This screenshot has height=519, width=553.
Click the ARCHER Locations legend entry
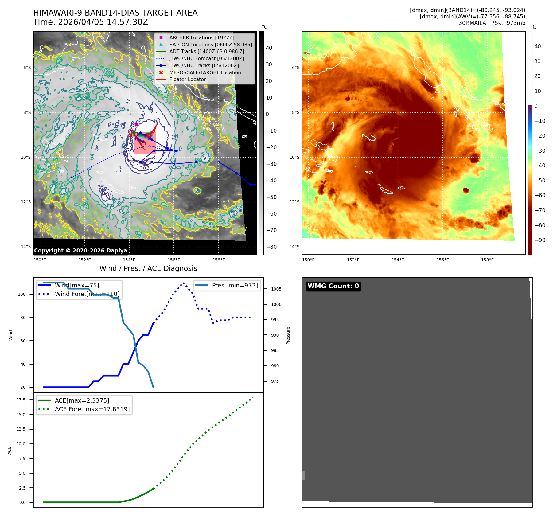(201, 37)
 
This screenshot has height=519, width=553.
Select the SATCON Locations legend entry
(210, 45)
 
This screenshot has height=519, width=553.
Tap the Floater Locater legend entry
(187, 79)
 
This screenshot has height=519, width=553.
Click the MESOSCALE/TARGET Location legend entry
(205, 72)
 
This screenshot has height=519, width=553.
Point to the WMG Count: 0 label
(333, 286)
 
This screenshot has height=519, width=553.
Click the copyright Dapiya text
(80, 251)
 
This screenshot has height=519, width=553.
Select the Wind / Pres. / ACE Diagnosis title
(148, 268)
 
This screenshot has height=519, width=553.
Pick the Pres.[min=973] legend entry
(235, 285)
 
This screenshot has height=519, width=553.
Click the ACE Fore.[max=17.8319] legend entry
(92, 409)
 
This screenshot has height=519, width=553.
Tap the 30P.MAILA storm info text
(492, 23)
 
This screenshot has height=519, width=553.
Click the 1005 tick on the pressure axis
(276, 289)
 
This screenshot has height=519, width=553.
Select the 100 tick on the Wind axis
(22, 294)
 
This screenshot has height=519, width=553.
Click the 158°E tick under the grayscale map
(219, 260)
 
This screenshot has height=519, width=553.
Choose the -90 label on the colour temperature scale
(540, 240)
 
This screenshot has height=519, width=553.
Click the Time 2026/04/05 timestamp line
(91, 22)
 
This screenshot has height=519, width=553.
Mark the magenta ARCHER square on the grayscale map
(136, 124)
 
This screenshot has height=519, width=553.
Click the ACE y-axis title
(10, 450)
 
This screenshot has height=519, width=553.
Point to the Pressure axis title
(288, 335)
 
